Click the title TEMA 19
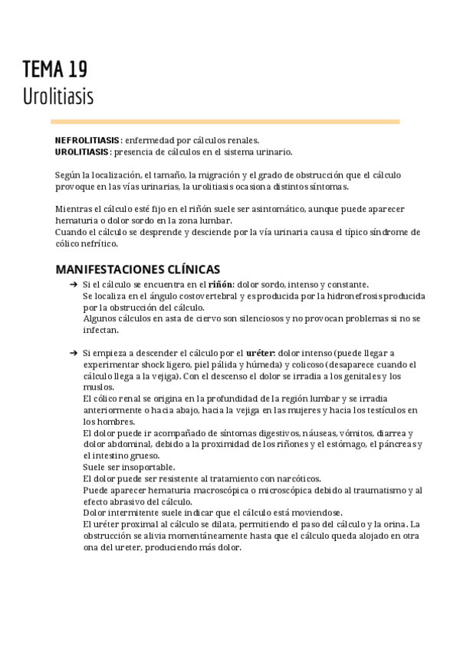(54, 70)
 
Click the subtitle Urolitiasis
(58, 97)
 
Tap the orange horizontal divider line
(225, 122)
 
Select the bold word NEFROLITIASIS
(87, 140)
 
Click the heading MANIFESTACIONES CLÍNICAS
(138, 269)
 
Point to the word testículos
(366, 410)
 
